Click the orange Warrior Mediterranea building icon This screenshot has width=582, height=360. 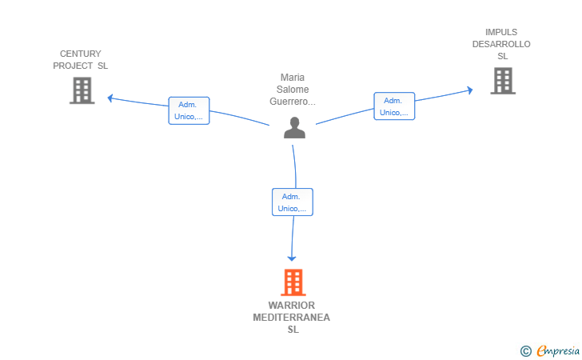293,282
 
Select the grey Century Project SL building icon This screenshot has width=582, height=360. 82,90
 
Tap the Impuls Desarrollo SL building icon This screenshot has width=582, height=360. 502,81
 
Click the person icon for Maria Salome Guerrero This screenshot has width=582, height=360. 294,128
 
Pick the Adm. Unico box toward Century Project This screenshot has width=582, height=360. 189,110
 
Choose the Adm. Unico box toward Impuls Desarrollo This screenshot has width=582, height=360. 394,106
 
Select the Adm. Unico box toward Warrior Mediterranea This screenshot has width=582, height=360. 292,202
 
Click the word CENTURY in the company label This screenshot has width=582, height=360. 80,54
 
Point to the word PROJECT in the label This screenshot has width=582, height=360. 73,66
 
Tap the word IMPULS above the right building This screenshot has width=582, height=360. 501,32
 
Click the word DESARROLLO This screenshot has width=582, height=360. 501,44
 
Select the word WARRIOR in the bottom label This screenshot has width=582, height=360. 292,306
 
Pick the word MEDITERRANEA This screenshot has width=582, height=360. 292,318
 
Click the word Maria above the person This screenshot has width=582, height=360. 293,78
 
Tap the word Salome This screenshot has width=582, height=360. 293,90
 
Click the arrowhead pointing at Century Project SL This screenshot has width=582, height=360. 110,98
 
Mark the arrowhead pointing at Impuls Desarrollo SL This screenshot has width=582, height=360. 470,90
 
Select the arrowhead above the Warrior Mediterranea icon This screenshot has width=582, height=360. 292,258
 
